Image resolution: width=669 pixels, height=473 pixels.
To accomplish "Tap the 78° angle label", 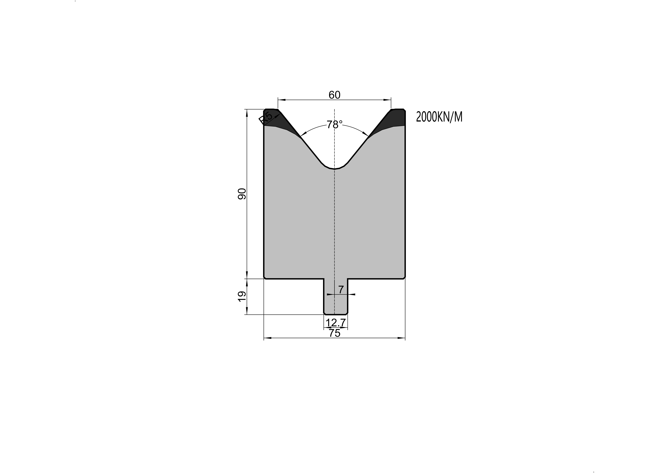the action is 335,125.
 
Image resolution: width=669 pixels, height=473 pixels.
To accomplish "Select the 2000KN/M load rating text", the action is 439,117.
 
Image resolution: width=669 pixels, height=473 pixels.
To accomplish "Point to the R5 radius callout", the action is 265,118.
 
